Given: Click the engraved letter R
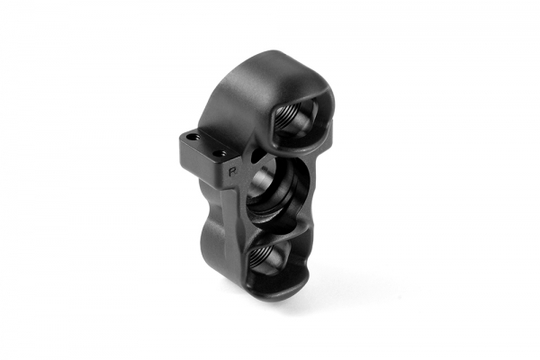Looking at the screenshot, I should pos(232,167).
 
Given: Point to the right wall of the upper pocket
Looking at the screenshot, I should pos(325,126).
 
